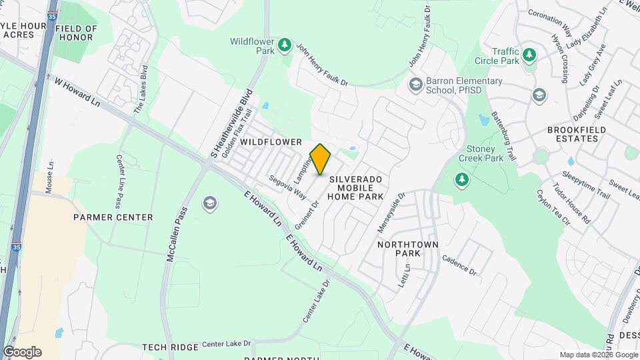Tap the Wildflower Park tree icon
coord(285,45)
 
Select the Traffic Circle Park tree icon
coord(529,54)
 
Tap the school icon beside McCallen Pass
coord(211,203)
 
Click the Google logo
coord(22,352)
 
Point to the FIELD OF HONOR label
coord(75,33)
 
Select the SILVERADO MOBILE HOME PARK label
coord(356,188)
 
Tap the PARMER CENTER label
coord(113,217)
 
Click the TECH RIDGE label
coord(170,347)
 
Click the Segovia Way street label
coord(287,187)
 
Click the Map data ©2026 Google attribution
coord(598,355)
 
